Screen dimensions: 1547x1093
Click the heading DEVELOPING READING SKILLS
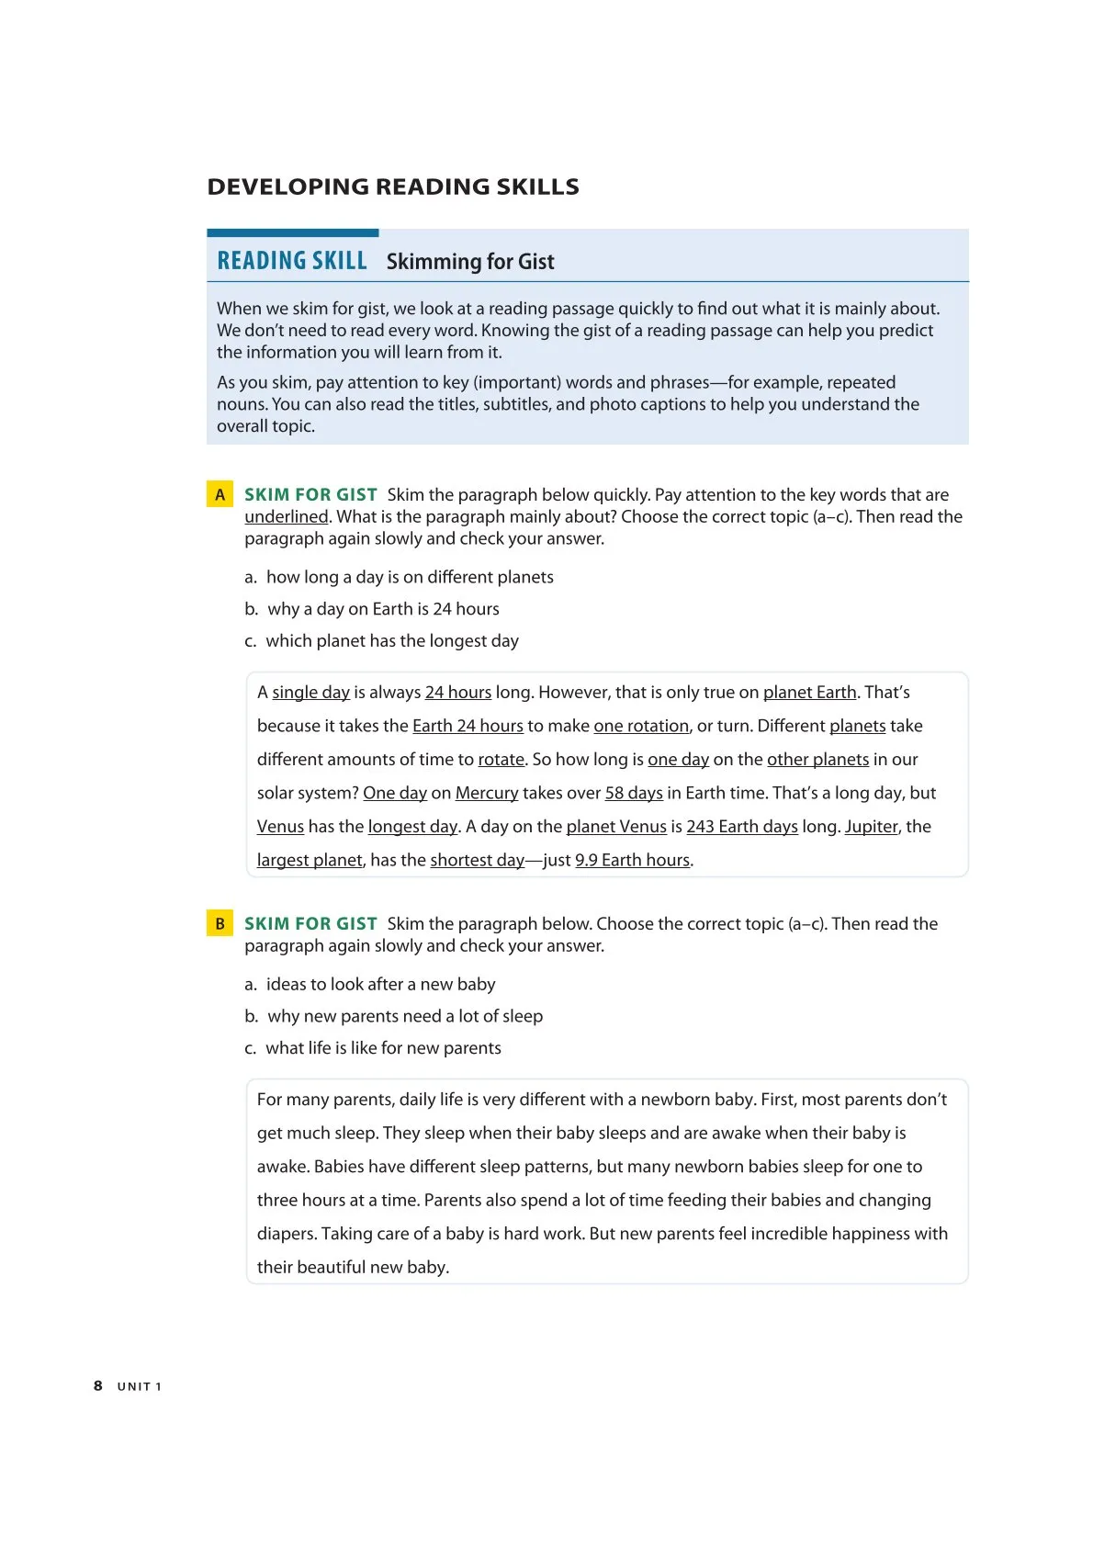click(x=393, y=186)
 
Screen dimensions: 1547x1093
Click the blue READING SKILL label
click(x=291, y=261)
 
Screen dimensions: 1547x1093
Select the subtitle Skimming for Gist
click(x=470, y=262)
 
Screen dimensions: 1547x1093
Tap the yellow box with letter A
click(x=220, y=495)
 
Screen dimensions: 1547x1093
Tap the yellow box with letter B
click(x=220, y=923)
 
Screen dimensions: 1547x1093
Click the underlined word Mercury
click(x=487, y=793)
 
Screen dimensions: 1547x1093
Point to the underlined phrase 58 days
click(x=634, y=793)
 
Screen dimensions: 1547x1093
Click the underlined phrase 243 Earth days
click(x=742, y=827)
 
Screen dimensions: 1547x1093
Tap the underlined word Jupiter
click(x=871, y=827)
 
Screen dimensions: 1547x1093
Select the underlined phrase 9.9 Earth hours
click(x=632, y=861)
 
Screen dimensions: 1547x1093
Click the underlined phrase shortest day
click(x=477, y=861)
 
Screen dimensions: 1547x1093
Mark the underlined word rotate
click(x=501, y=760)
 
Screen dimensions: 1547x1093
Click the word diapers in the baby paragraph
click(x=286, y=1234)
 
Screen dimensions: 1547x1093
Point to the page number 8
click(x=98, y=1385)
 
